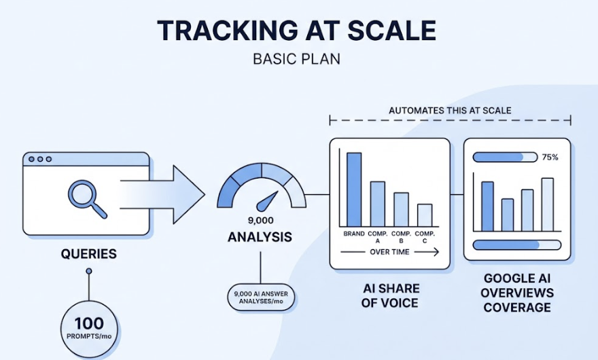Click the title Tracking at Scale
pos(296,31)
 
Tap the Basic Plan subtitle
pos(296,59)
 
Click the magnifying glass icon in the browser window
pos(86,198)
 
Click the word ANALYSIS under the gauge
pos(260,238)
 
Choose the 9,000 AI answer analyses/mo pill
pos(261,298)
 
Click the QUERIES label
pos(88,255)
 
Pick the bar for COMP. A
pos(377,203)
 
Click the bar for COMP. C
pos(424,215)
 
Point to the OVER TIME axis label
pos(389,252)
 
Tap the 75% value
pos(550,157)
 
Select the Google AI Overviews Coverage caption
pos(517,293)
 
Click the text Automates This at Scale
pos(450,110)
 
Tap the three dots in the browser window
pos(40,160)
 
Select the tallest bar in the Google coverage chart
pos(547,204)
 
